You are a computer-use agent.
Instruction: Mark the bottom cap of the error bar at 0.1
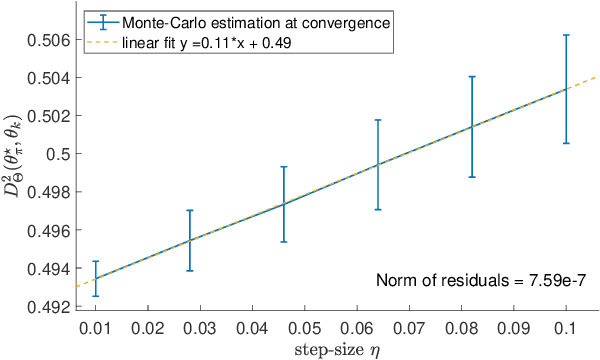566,143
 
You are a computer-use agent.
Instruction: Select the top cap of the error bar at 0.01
95,261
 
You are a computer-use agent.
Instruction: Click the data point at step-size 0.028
189,240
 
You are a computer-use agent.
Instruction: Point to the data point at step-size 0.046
284,203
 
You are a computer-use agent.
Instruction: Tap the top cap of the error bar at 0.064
378,120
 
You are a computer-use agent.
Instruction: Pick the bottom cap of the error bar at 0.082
472,177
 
